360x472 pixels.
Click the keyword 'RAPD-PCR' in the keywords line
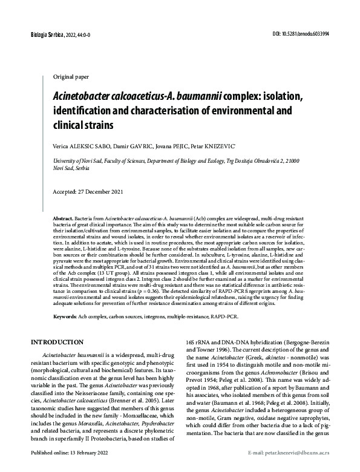pyautogui.click(x=223, y=317)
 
